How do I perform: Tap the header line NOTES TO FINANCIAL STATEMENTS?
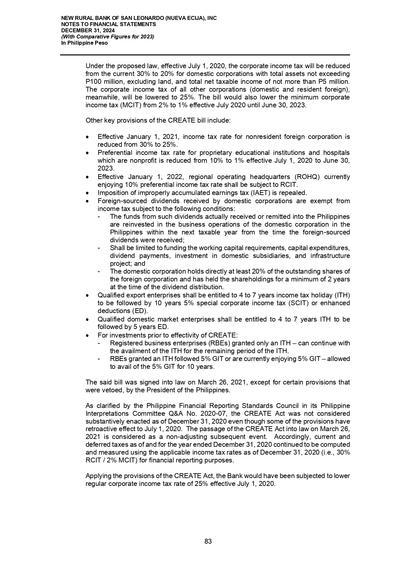[108, 24]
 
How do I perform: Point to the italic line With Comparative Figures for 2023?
[108, 37]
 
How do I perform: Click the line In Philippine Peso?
[84, 43]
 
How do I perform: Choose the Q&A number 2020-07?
[213, 414]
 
